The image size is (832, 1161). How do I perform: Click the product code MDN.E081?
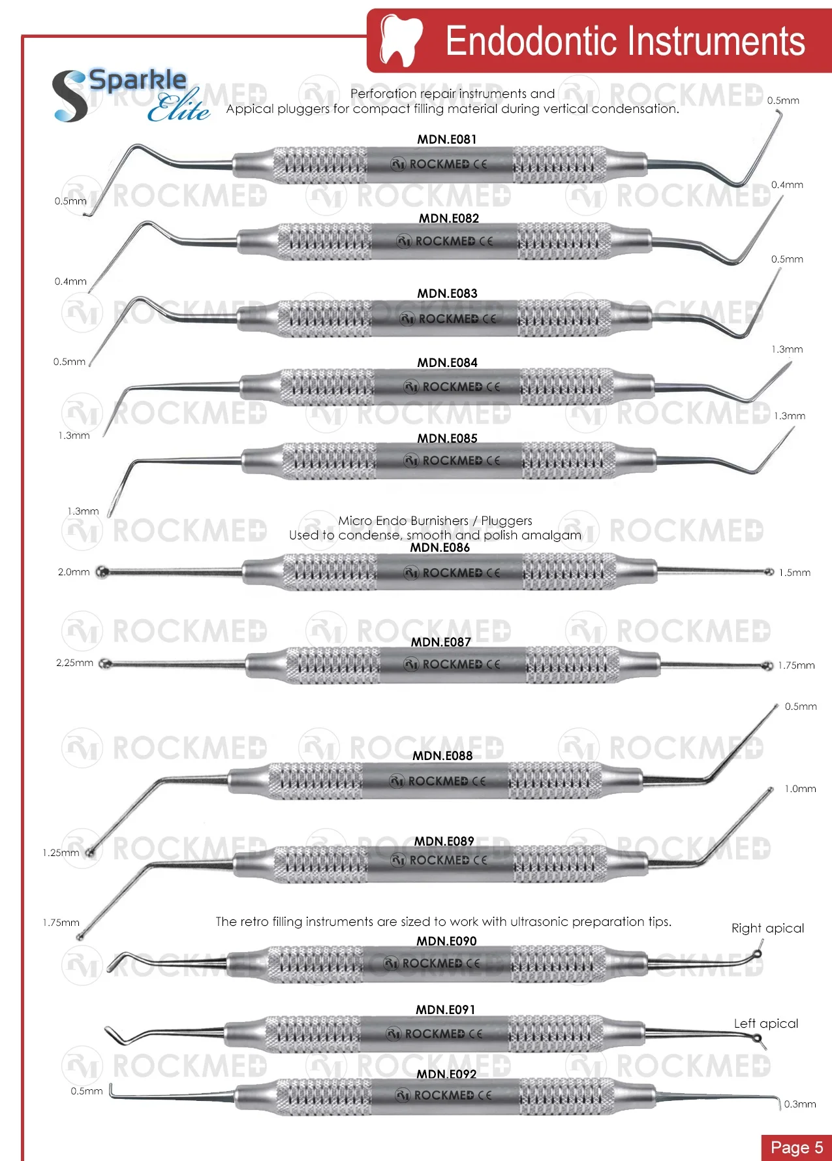click(447, 139)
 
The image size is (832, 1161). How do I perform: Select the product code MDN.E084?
click(448, 362)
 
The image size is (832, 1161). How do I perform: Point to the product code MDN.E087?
click(441, 642)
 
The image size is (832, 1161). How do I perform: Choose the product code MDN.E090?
click(447, 941)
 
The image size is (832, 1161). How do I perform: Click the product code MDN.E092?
click(447, 1074)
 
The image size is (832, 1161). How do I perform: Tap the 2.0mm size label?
click(74, 572)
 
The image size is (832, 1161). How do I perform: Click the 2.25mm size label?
click(74, 663)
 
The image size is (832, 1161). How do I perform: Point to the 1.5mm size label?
click(795, 573)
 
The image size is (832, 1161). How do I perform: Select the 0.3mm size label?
click(800, 1104)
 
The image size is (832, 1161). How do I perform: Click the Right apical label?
click(767, 929)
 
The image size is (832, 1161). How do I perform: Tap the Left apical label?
click(766, 1023)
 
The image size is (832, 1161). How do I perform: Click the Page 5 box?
click(796, 1147)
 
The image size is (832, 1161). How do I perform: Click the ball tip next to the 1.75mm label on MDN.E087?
click(768, 666)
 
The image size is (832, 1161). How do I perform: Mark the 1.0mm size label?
click(800, 789)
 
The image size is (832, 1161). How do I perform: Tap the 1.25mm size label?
click(61, 853)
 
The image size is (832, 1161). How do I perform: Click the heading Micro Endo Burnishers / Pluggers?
click(435, 520)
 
